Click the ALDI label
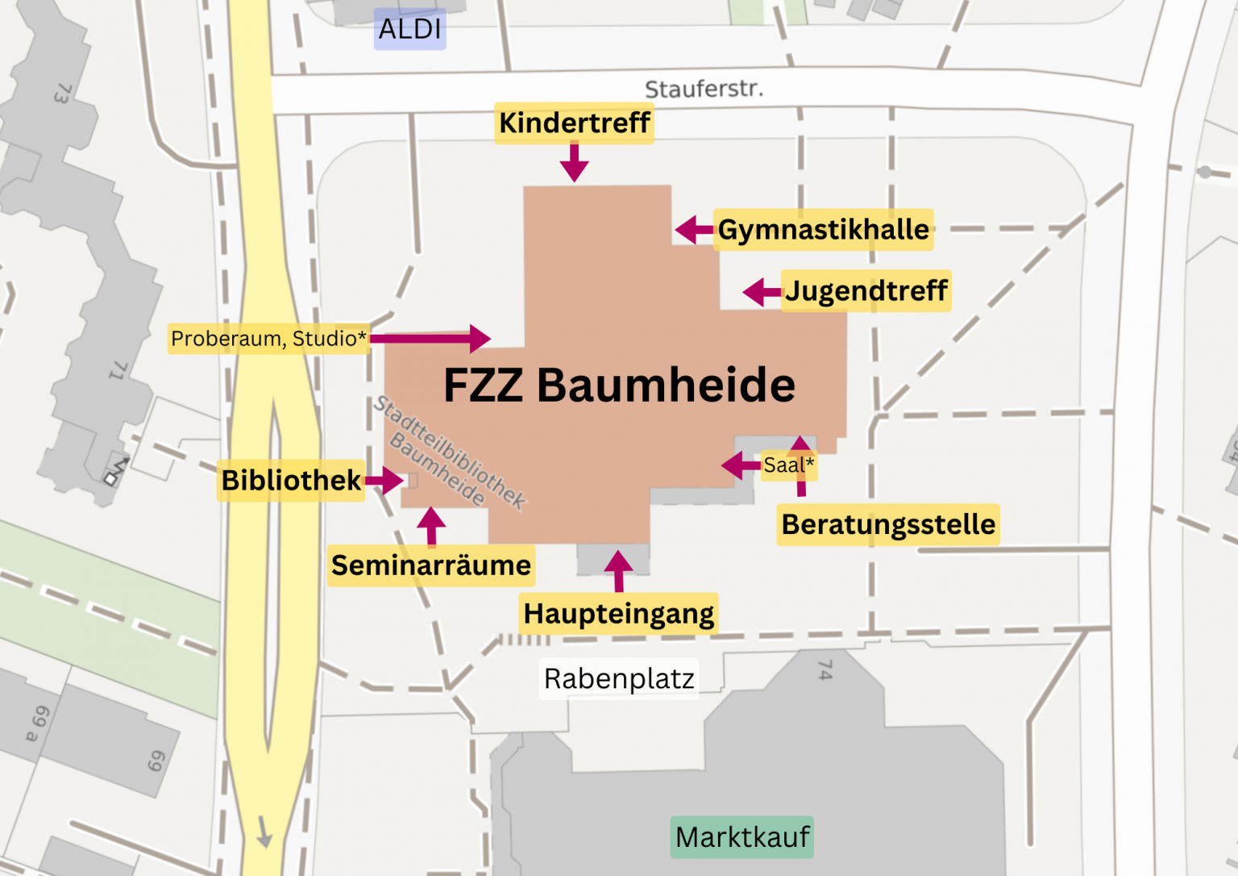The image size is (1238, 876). (409, 29)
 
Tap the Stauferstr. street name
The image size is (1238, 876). (704, 89)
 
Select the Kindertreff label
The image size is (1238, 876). (574, 123)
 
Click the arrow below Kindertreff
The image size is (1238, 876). (574, 163)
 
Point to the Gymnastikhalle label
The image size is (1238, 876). (823, 230)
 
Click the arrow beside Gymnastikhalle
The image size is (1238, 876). (693, 230)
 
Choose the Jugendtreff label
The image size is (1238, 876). (866, 291)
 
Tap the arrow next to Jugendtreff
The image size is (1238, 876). (761, 292)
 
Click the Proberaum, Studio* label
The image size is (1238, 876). (268, 339)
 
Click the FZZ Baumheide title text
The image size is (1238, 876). (619, 385)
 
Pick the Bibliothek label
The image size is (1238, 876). (291, 481)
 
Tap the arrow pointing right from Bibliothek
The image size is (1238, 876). (384, 481)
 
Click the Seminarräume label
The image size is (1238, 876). (431, 565)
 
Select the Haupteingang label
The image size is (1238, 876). (618, 614)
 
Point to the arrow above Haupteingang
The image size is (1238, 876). (618, 571)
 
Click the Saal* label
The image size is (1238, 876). (788, 465)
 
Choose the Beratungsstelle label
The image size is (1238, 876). (888, 525)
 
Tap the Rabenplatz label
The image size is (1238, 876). (619, 679)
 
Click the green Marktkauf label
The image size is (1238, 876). (742, 837)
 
